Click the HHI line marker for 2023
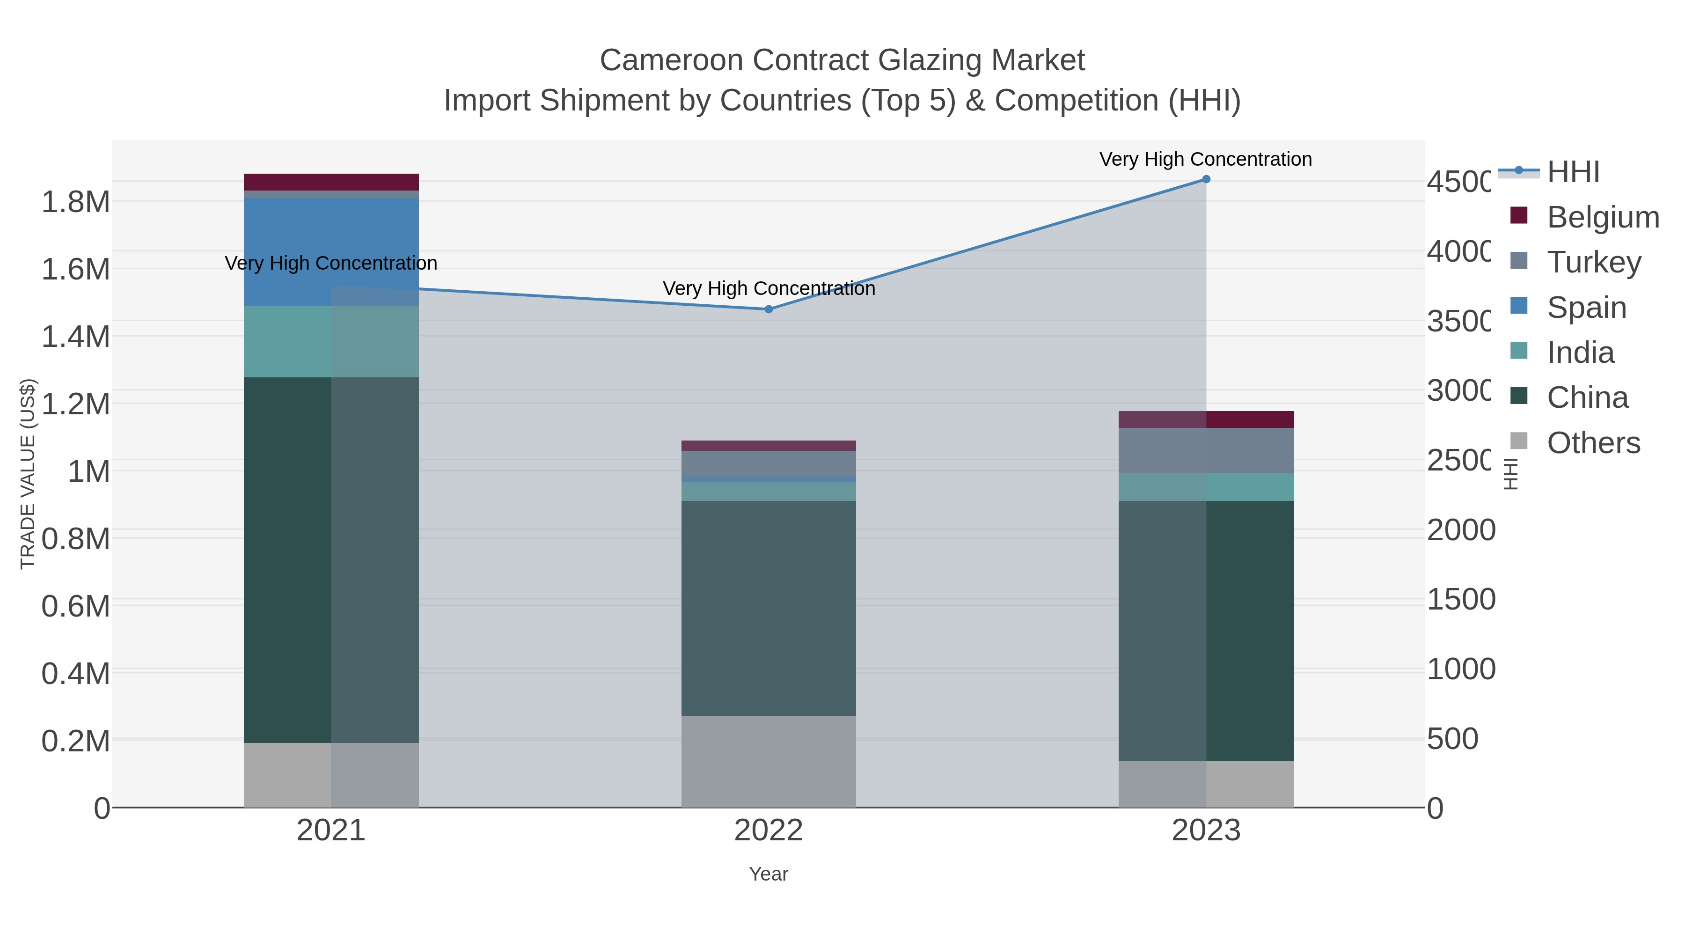(x=1206, y=179)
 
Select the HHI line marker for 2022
(x=769, y=309)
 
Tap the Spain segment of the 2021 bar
(x=331, y=252)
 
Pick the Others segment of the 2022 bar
(x=769, y=762)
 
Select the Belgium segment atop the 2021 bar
(x=331, y=182)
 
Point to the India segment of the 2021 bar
(x=331, y=342)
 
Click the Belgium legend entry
(x=1602, y=217)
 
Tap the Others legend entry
(x=1593, y=443)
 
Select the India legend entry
(x=1580, y=353)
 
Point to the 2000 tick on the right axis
(x=1461, y=530)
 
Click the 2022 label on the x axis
(x=769, y=831)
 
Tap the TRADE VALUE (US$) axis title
(x=28, y=474)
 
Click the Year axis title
(x=769, y=874)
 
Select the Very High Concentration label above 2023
(x=1206, y=159)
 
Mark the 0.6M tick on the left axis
(x=75, y=606)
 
